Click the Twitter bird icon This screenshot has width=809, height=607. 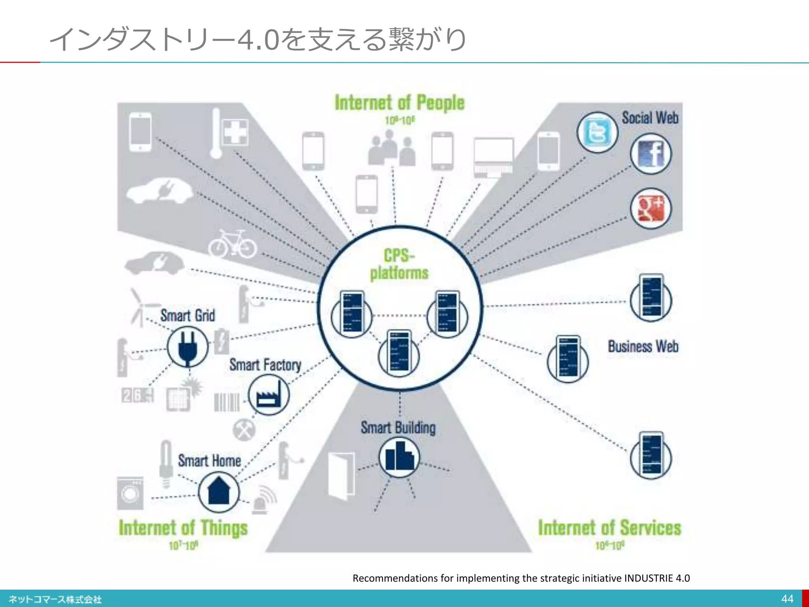coord(597,133)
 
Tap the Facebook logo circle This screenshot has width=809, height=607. coord(650,154)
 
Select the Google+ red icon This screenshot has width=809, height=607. coord(650,208)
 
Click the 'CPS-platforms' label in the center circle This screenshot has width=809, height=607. coord(399,264)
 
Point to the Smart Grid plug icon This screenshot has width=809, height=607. coord(187,347)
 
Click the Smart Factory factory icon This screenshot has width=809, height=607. coord(269,395)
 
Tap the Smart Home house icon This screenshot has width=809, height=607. coord(218,492)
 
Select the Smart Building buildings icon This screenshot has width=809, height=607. coord(399,457)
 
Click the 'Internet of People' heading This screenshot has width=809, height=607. coord(399,103)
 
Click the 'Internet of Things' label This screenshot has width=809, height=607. coord(183,528)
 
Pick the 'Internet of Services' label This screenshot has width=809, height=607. coord(610,528)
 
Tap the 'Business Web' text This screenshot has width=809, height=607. coord(643,347)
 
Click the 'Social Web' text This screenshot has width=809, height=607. coord(650,118)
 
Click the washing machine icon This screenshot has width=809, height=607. coord(130,493)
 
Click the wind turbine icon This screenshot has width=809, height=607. coord(139,307)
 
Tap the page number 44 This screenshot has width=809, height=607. coord(787,599)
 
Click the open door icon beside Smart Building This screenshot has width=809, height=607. coord(342,476)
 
